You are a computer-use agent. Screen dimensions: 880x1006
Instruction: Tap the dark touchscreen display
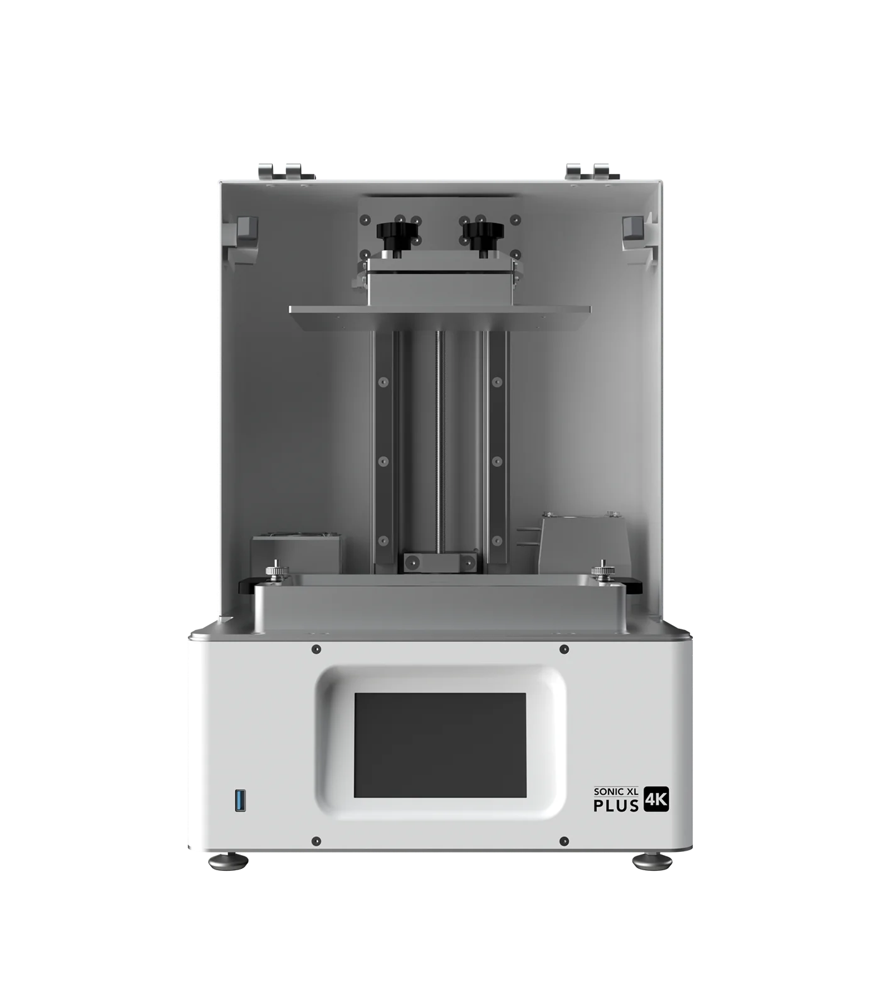[x=440, y=745]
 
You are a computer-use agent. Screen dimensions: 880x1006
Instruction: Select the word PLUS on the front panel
[x=617, y=805]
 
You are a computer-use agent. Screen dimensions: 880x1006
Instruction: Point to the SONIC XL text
[x=617, y=792]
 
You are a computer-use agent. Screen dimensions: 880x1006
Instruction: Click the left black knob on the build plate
[x=397, y=236]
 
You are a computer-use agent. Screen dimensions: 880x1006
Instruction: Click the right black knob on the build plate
[x=483, y=236]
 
